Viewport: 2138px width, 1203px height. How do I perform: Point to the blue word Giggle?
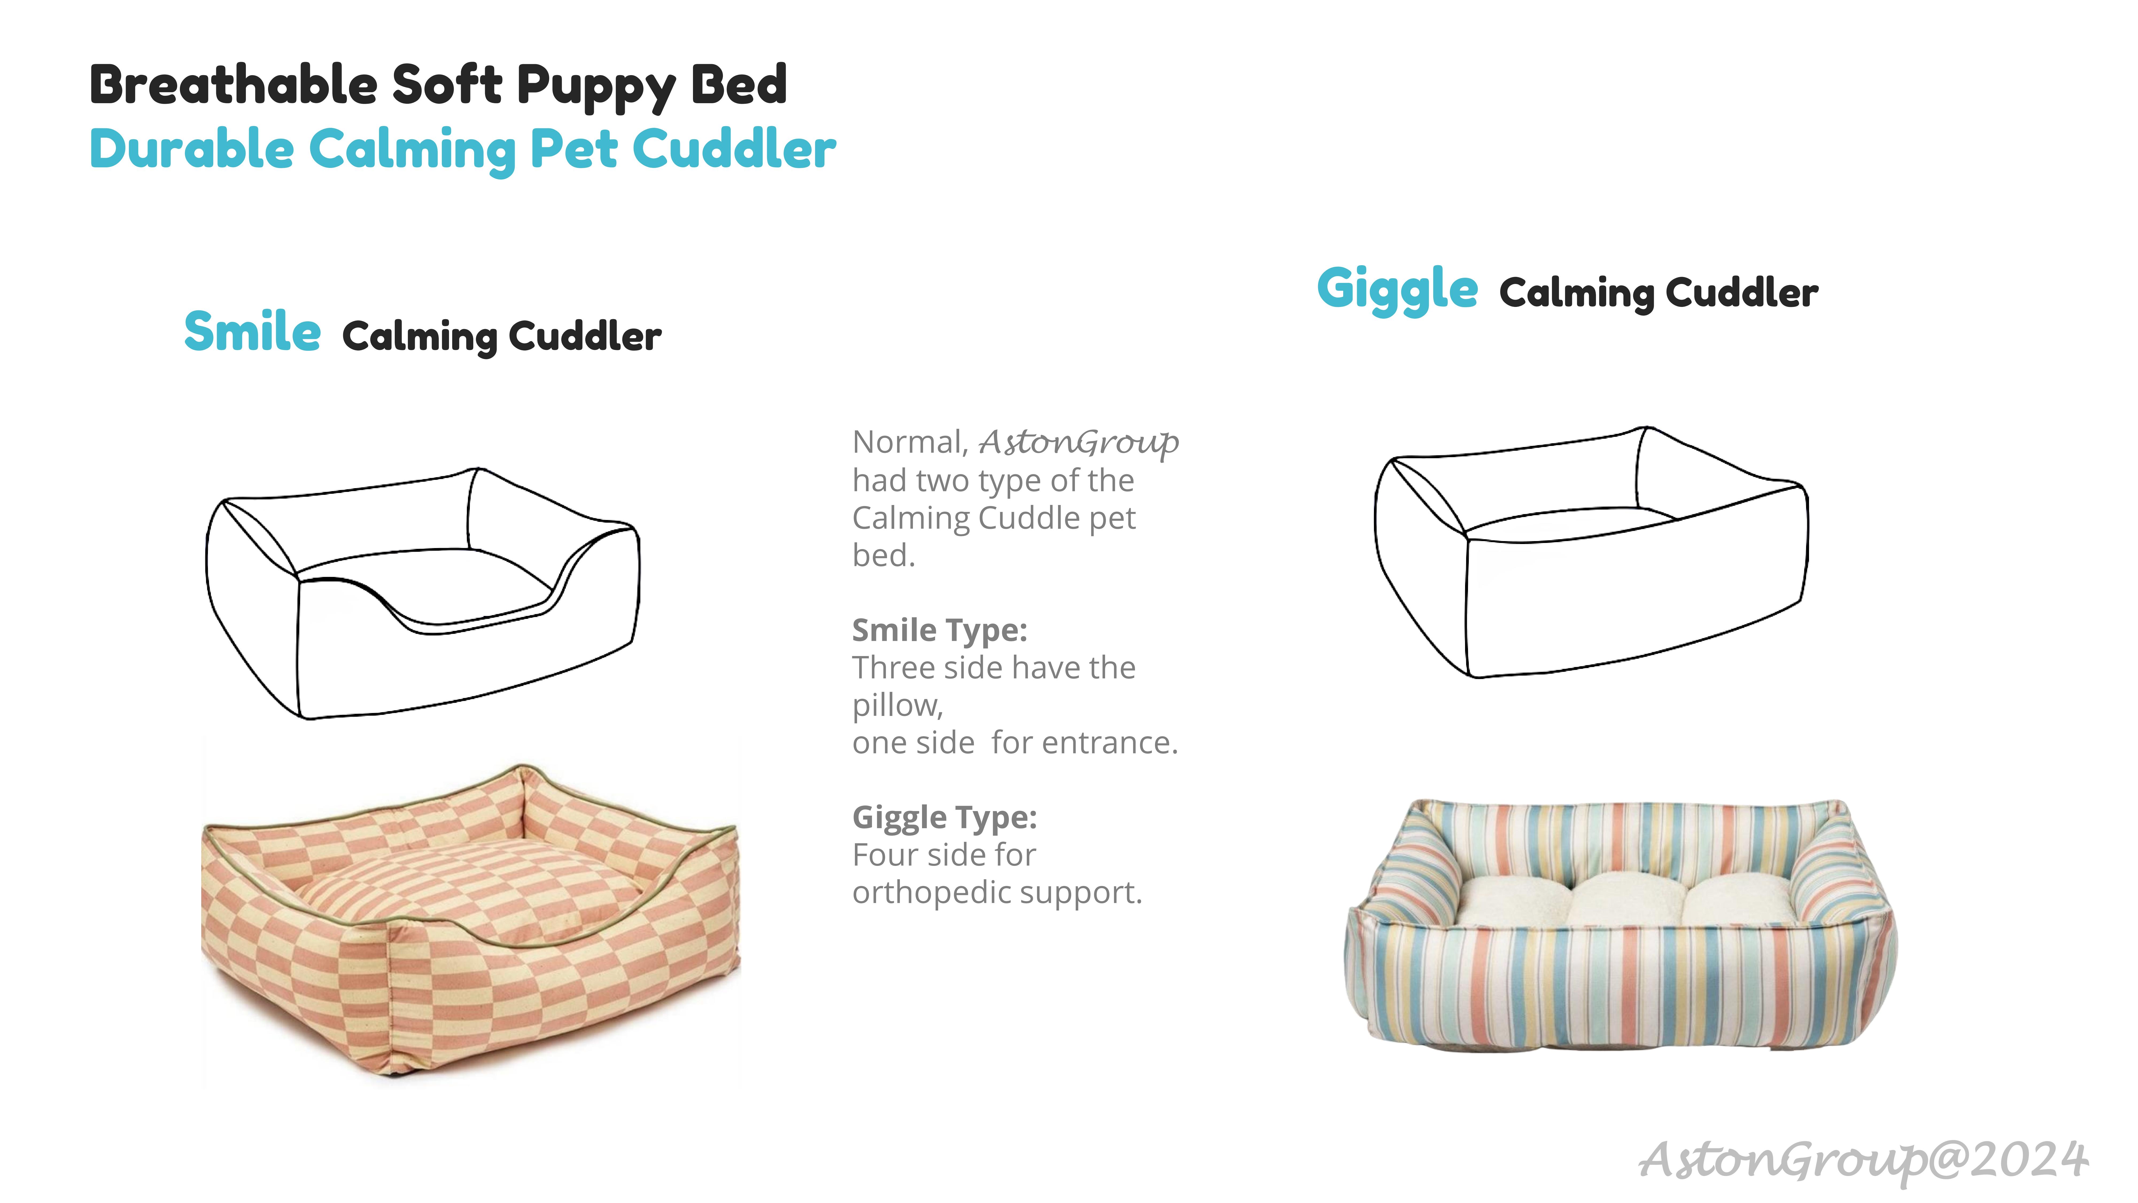point(1397,290)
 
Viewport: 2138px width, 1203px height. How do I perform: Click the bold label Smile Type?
point(940,630)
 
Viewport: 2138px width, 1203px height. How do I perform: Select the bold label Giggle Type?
point(944,818)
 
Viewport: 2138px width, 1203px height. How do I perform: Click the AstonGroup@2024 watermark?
point(1863,1160)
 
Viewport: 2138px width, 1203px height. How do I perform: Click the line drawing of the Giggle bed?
point(1591,552)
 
